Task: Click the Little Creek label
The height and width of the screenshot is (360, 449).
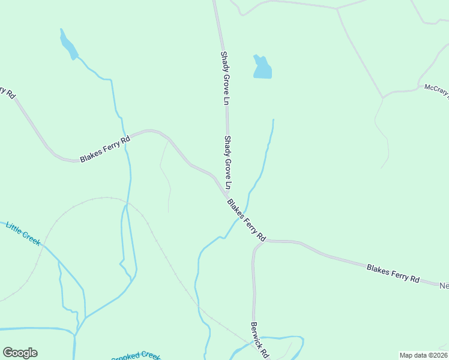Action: (x=23, y=234)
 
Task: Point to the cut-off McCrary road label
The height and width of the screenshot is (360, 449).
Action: (x=436, y=91)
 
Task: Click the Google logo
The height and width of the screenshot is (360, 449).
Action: (x=20, y=353)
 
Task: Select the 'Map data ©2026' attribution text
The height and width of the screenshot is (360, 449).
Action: (x=423, y=355)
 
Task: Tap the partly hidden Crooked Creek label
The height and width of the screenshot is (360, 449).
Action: (x=136, y=356)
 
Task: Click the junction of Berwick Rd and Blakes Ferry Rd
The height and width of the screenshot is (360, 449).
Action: (x=262, y=242)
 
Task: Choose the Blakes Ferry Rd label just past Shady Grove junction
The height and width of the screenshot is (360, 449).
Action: (x=247, y=220)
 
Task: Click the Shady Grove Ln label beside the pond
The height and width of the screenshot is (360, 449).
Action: (x=225, y=79)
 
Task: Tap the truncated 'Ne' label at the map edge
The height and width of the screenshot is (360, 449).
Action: (x=444, y=286)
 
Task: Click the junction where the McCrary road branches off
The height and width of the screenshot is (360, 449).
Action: (x=382, y=97)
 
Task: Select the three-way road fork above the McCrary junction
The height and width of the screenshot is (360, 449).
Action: (x=337, y=9)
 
